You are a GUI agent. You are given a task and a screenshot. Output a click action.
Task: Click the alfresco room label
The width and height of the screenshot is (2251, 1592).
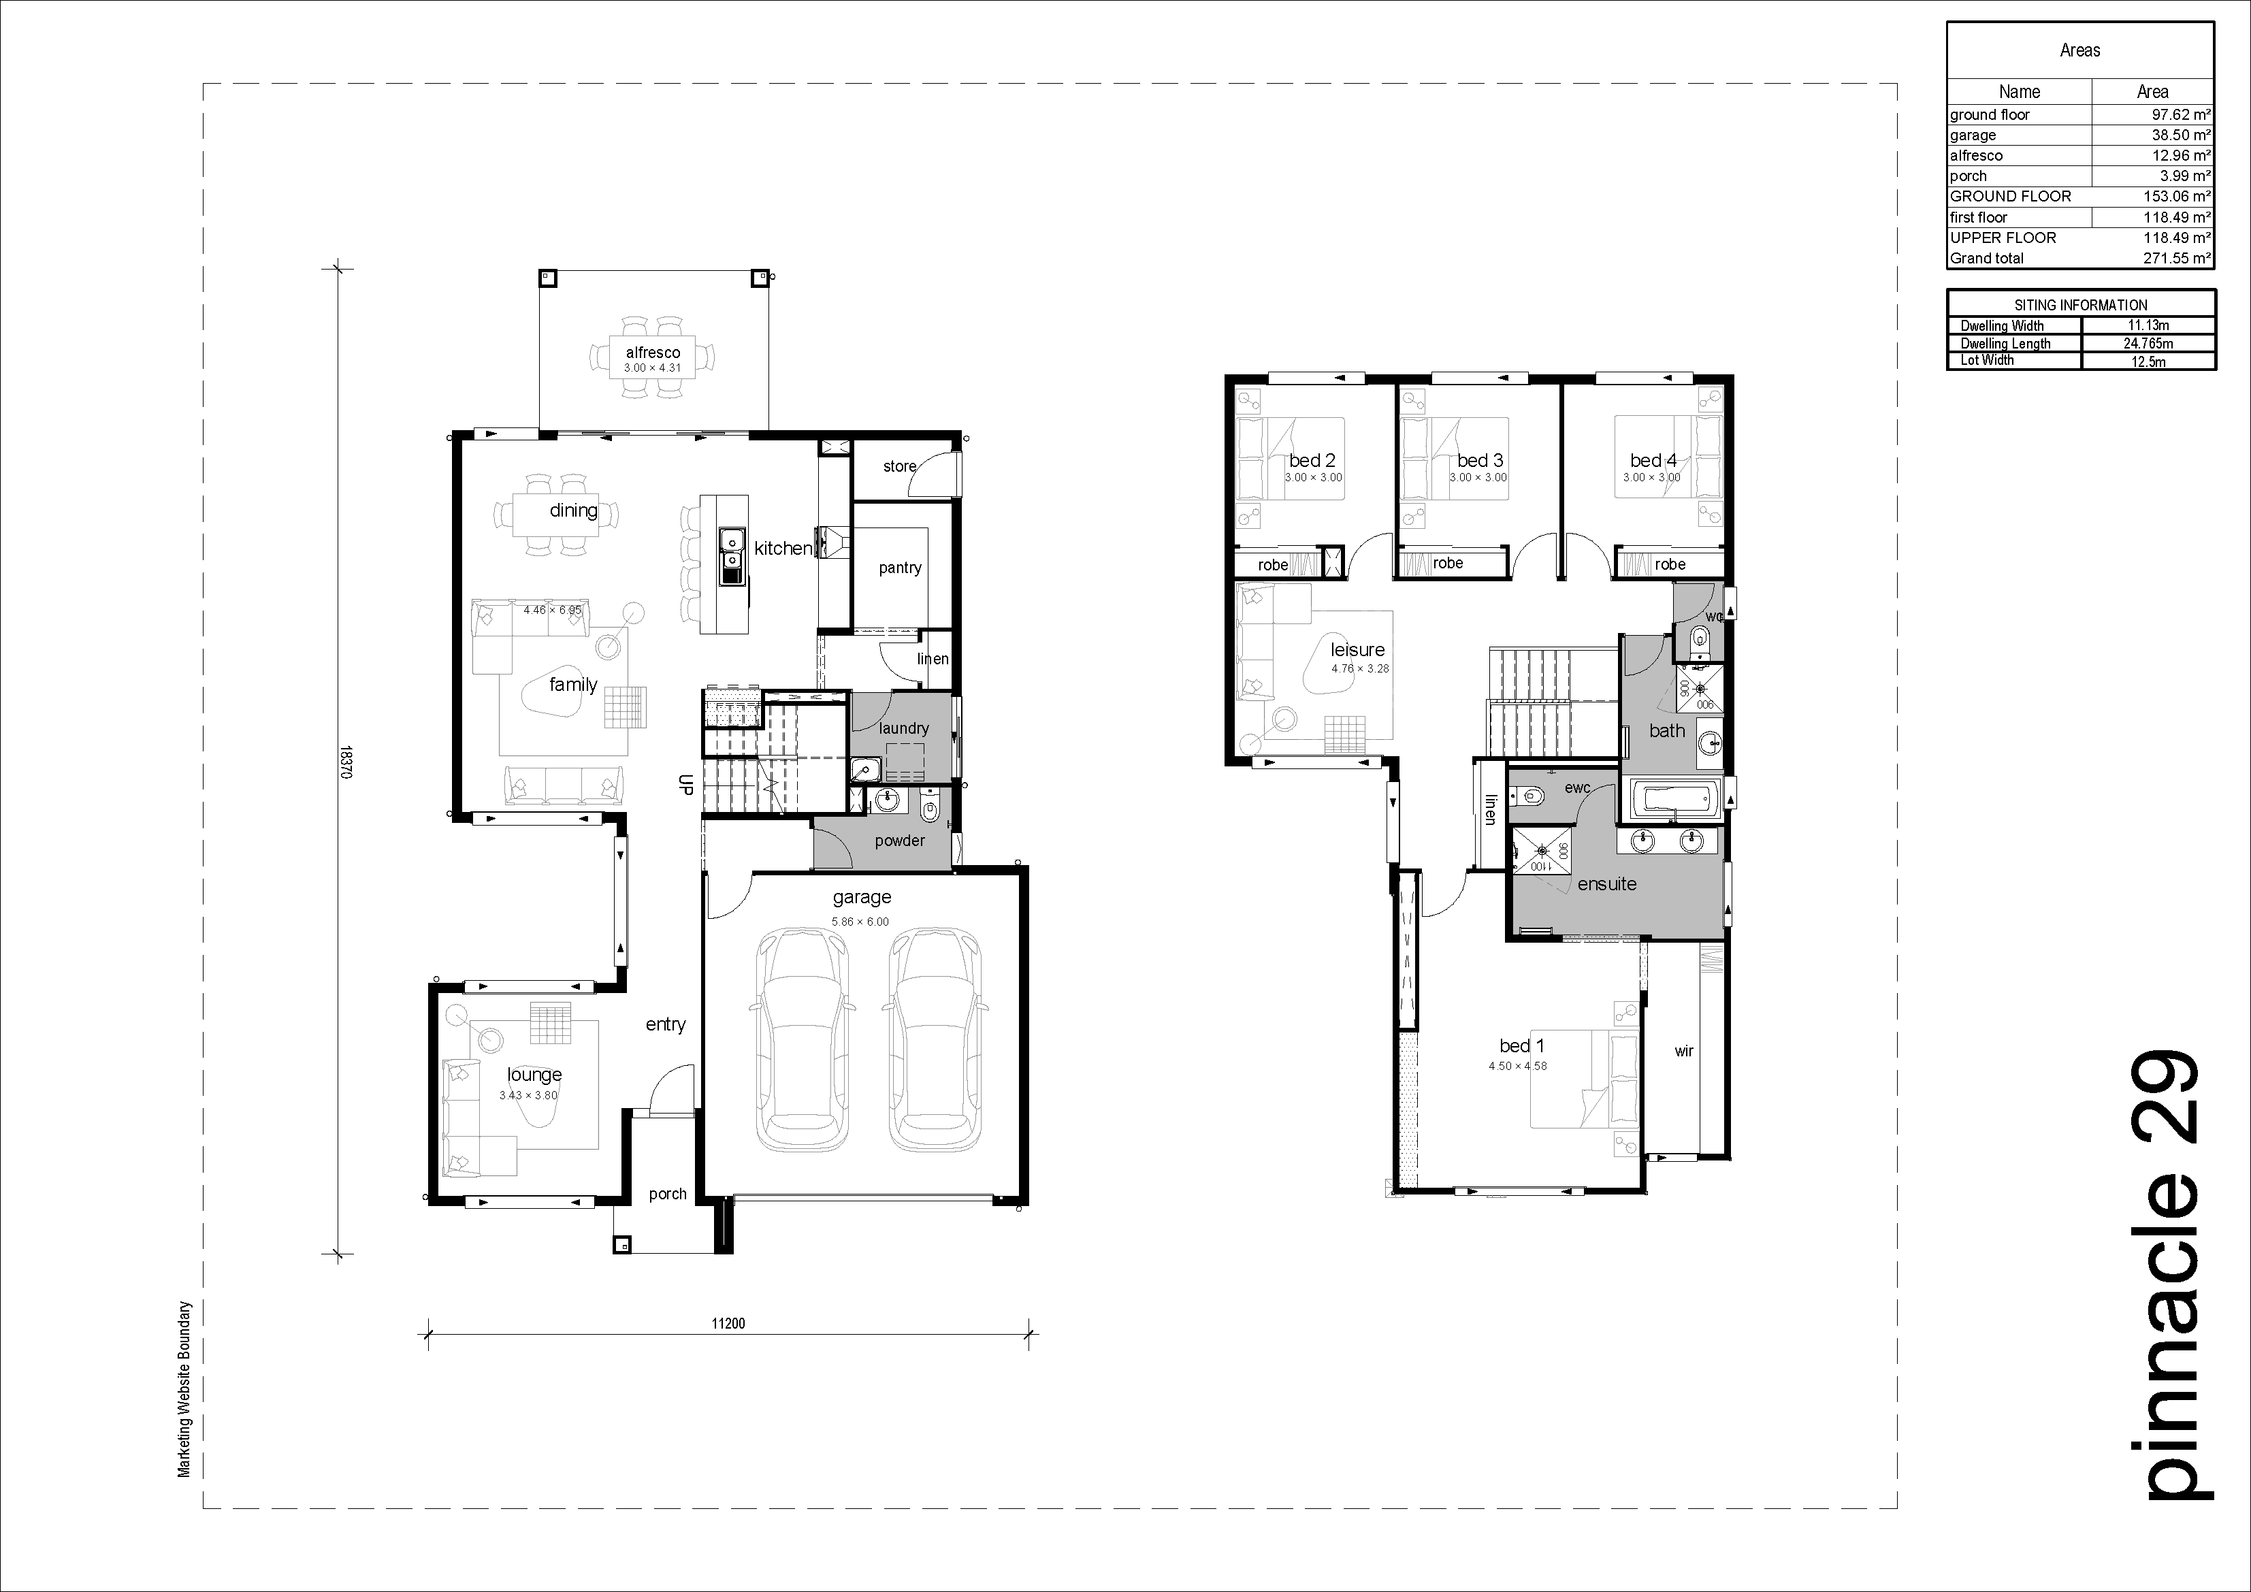click(653, 352)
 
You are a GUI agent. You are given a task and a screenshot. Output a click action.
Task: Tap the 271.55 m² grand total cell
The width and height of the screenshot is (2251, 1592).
click(2177, 259)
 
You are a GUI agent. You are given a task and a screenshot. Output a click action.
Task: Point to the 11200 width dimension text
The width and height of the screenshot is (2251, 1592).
click(728, 1323)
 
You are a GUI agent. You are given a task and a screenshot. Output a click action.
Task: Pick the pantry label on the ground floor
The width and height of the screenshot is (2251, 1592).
click(900, 568)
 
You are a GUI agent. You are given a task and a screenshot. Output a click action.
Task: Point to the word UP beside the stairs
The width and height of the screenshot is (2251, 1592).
click(686, 783)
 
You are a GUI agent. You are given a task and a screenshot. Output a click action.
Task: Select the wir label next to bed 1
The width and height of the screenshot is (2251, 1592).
click(1683, 1051)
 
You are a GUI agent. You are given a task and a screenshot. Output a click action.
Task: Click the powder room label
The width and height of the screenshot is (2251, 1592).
click(899, 840)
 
